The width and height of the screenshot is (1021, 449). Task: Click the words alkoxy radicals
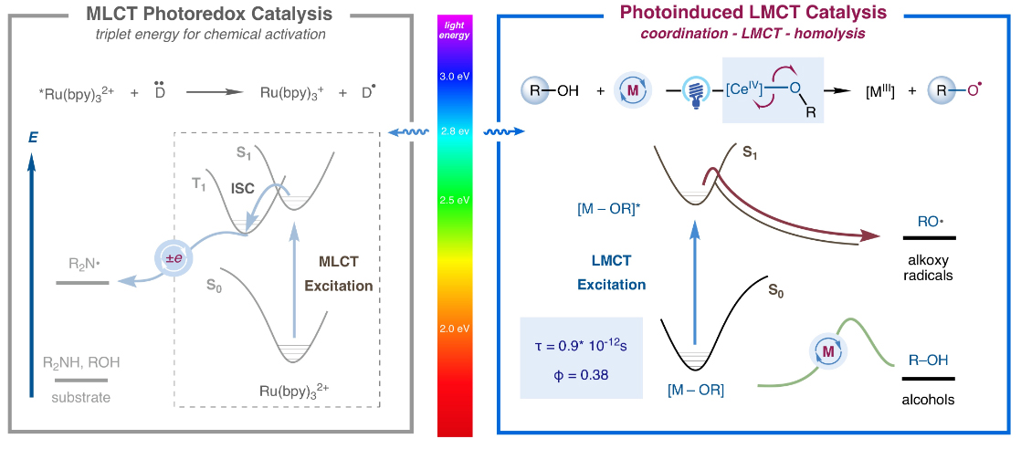928,265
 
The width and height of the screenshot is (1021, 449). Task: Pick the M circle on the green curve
827,349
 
